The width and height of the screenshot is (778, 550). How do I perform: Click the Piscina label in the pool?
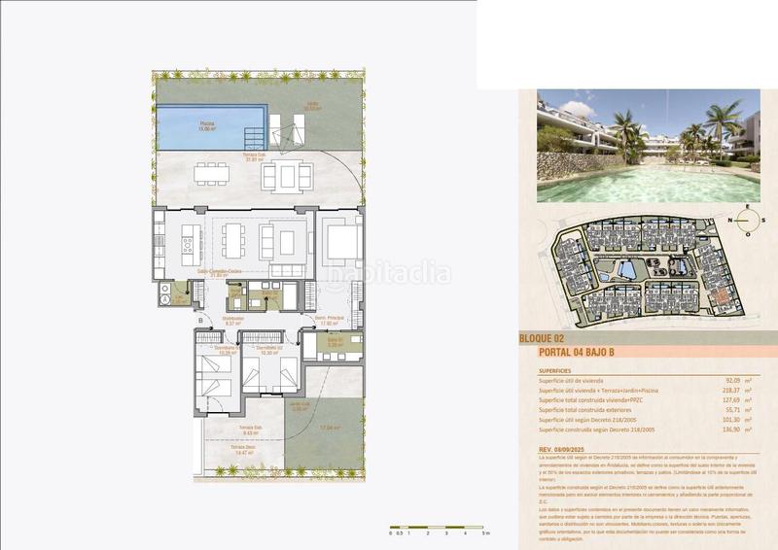pos(207,124)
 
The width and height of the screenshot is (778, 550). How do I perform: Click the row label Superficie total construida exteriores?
pos(598,413)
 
